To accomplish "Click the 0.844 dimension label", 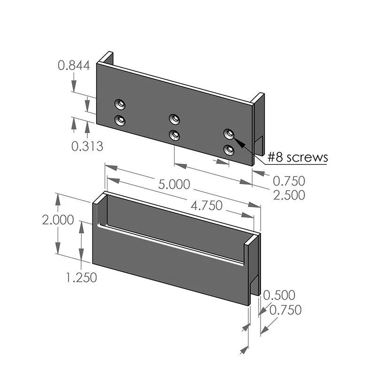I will tap(74, 66).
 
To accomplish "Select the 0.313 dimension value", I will tap(87, 146).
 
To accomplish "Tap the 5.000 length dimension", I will tap(174, 184).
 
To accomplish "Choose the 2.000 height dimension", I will tap(58, 220).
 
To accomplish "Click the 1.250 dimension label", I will tap(81, 278).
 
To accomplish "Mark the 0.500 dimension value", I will tap(279, 295).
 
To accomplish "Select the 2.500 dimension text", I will tap(289, 195).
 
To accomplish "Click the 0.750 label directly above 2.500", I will tap(289, 181).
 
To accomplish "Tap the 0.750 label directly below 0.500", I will tap(285, 310).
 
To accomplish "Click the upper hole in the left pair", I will tap(121, 104).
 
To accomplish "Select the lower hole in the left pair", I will tap(121, 121).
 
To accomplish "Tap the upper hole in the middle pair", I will tap(175, 118).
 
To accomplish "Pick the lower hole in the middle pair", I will tap(175, 135).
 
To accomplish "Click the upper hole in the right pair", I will tap(229, 133).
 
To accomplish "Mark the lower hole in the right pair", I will tap(229, 150).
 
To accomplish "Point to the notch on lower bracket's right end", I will tap(254, 284).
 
